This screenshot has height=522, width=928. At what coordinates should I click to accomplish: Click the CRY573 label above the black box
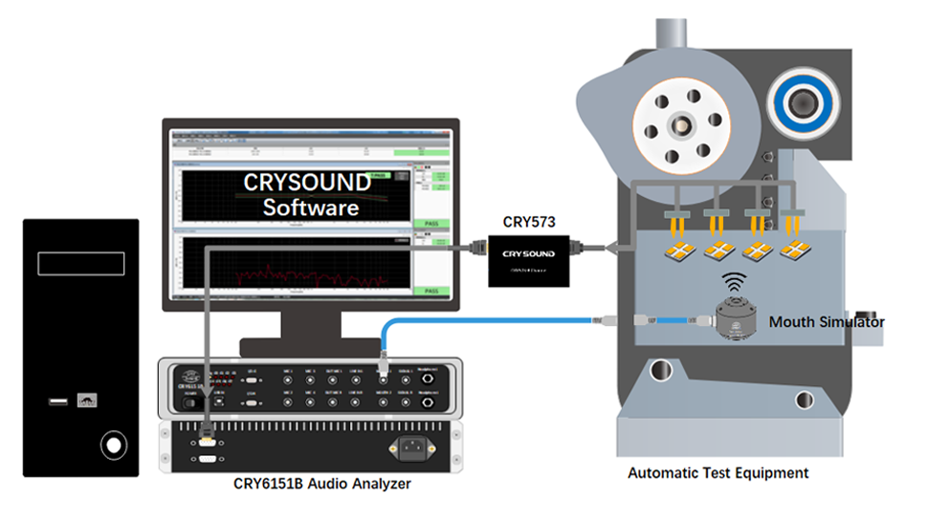(528, 222)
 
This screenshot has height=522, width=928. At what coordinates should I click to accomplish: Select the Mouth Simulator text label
(826, 322)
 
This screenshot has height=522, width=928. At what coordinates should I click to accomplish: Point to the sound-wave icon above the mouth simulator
(734, 282)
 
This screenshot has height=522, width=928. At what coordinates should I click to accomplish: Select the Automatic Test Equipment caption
(718, 473)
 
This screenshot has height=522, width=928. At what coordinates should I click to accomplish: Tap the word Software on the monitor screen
(311, 207)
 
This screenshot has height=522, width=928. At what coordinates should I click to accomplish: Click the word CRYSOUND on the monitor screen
(306, 183)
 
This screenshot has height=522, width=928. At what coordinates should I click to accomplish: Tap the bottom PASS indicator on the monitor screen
(430, 291)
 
